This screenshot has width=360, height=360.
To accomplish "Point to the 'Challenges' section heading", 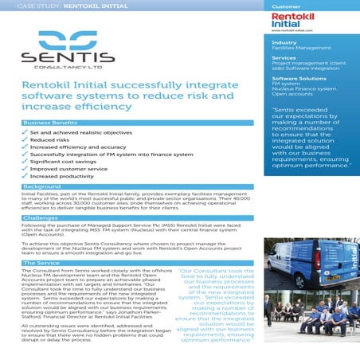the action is point(41,217).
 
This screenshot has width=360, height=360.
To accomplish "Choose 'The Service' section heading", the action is point(42,262).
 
